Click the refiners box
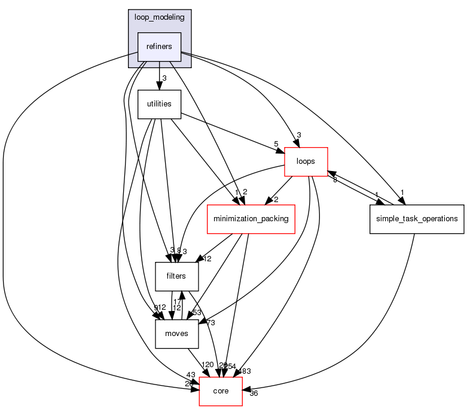(159, 47)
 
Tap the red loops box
(305, 161)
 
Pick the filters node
(177, 276)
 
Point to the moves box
(177, 333)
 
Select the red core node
(220, 391)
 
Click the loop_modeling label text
(159, 17)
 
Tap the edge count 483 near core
(244, 371)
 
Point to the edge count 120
(207, 365)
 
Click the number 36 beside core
(254, 393)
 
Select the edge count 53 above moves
(196, 312)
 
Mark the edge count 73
(210, 323)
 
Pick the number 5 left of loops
(276, 144)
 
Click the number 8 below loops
(335, 179)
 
